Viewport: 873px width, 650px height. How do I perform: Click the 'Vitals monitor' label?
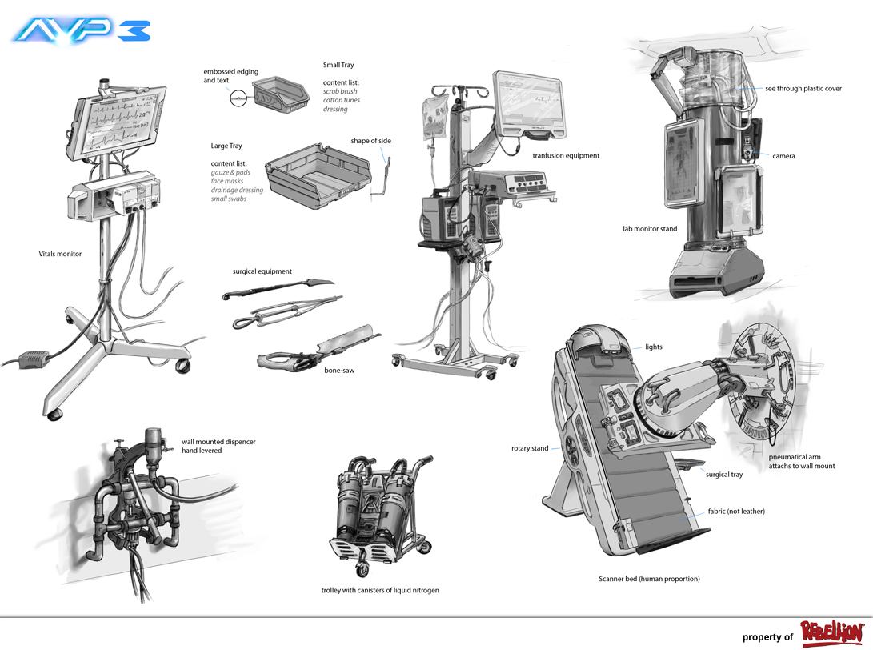pyautogui.click(x=59, y=254)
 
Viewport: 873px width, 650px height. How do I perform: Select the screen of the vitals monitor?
pyautogui.click(x=121, y=125)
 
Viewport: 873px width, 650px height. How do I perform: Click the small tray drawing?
pyautogui.click(x=280, y=94)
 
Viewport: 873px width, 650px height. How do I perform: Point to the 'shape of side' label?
pyautogui.click(x=370, y=141)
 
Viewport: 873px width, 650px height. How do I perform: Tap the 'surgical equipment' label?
pyautogui.click(x=262, y=271)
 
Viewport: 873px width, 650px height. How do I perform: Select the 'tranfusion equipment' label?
pyautogui.click(x=566, y=156)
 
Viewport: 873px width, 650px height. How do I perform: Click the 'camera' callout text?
pyautogui.click(x=783, y=156)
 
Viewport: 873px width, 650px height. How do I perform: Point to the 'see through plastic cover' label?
pyautogui.click(x=803, y=89)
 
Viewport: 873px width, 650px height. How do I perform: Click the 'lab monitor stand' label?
pyautogui.click(x=650, y=229)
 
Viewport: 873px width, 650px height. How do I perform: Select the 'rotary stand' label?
pyautogui.click(x=530, y=448)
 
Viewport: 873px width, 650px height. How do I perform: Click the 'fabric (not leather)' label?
pyautogui.click(x=736, y=511)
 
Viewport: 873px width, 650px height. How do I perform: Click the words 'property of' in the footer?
pyautogui.click(x=767, y=637)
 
